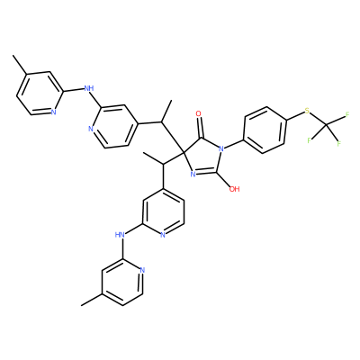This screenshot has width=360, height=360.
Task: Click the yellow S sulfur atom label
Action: pyautogui.click(x=307, y=112)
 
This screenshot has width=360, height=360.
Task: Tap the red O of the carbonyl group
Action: pyautogui.click(x=198, y=113)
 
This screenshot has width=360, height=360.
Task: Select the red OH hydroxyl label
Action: pyautogui.click(x=234, y=189)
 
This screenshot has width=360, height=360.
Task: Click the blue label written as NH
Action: pyautogui.click(x=89, y=88)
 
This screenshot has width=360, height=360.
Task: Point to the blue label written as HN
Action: pyautogui.click(x=120, y=234)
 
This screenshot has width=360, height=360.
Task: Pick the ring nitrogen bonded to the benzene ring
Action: pyautogui.click(x=221, y=148)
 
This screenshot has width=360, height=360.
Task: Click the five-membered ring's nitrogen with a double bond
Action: pyautogui.click(x=193, y=174)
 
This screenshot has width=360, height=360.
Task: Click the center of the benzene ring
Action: pyautogui.click(x=265, y=130)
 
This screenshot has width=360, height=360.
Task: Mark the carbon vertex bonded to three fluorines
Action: pyautogui.click(x=327, y=124)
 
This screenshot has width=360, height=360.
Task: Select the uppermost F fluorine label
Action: pyautogui.click(x=347, y=114)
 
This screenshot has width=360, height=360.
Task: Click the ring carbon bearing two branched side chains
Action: pyautogui.click(x=183, y=153)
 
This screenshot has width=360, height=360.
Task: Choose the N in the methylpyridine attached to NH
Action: pyautogui.click(x=53, y=112)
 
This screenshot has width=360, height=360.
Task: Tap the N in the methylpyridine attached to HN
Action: pyautogui.click(x=142, y=270)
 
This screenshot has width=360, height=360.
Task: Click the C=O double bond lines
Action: pyautogui.click(x=200, y=128)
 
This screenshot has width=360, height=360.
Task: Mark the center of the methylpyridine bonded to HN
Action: pyautogui.click(x=121, y=282)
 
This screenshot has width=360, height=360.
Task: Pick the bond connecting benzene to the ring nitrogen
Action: pyautogui.click(x=235, y=144)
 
